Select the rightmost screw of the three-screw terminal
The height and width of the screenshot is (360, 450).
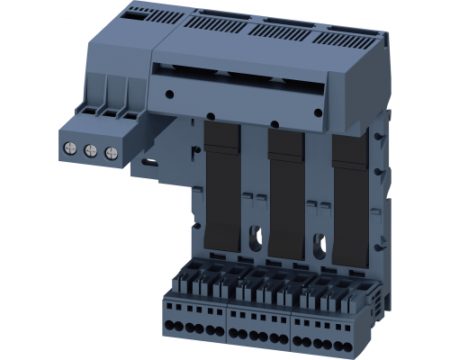pos(110,153)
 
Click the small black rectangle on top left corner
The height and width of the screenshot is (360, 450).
pos(134,15)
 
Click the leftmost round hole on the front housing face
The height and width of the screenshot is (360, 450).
pos(170,91)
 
